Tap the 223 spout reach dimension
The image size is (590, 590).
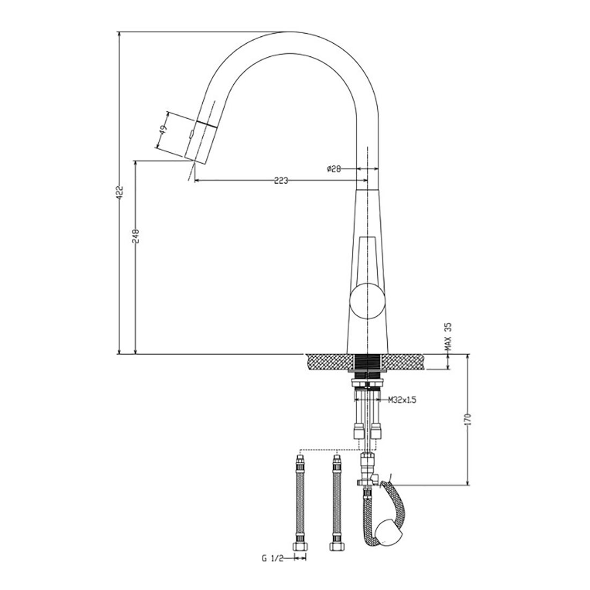coord(281,181)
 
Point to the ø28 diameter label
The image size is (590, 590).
coord(334,169)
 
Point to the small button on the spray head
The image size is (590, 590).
coord(191,134)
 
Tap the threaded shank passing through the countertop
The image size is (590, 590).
coord(367,362)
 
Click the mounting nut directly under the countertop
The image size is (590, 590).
coord(367,382)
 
